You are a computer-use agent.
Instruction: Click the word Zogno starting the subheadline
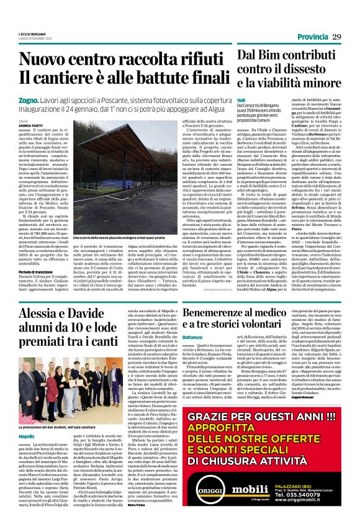29,99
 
